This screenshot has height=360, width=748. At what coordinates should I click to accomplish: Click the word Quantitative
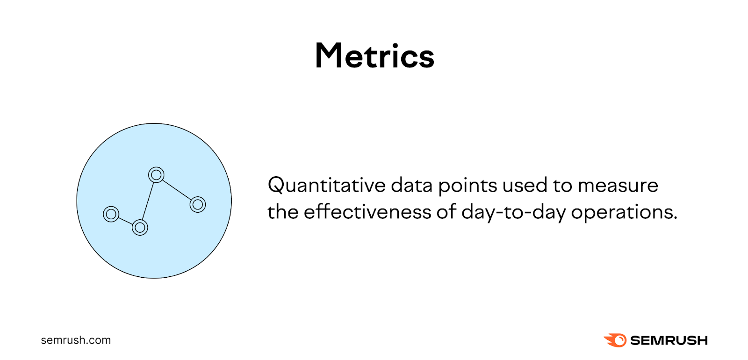pos(326,186)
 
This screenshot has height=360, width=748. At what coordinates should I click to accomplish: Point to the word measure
pos(618,186)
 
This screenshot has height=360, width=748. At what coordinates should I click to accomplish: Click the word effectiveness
pos(367,212)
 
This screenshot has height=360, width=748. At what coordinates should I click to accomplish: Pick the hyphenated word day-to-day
pos(513,213)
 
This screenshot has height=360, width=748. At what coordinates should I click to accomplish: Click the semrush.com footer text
pos(76,340)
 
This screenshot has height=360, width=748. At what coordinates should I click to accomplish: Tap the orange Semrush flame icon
pos(615,340)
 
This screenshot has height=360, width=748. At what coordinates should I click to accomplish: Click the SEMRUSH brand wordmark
pos(669,340)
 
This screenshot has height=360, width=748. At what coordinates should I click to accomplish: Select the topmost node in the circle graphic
pos(156,175)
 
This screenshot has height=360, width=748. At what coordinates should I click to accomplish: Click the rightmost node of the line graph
pos(198,204)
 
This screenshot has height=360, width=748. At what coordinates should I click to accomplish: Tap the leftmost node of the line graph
pos(111,214)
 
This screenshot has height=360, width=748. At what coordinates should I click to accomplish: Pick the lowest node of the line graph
pos(140,228)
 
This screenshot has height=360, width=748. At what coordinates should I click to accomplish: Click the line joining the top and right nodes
pos(177,190)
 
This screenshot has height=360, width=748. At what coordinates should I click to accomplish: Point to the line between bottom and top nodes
pos(148,202)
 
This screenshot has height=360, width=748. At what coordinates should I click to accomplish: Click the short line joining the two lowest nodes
pos(125,221)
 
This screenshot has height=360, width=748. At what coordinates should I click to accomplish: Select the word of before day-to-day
pos(447,212)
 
